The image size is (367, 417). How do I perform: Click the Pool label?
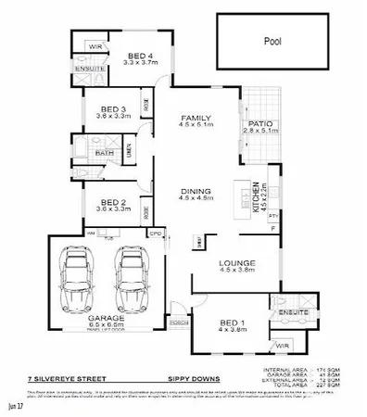point(272,42)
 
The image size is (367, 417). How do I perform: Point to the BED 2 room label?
point(109,205)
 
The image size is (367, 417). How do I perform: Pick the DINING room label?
point(196,192)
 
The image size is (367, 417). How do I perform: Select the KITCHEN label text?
point(258,196)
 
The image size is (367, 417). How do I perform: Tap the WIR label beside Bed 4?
point(94,45)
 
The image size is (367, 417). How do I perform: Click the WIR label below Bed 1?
point(282,346)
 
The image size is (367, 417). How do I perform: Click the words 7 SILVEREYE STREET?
point(62,378)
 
